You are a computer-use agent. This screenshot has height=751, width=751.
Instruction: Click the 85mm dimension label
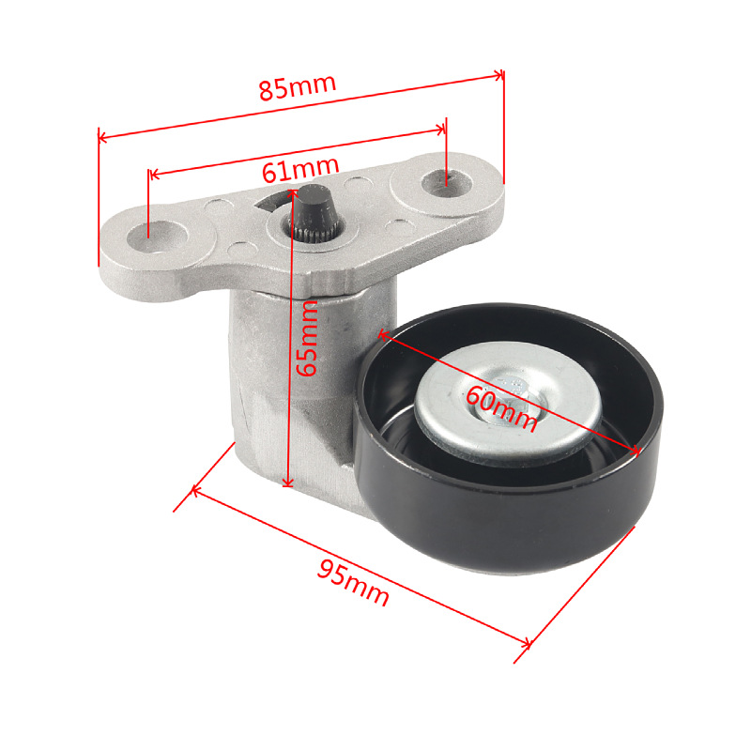(x=298, y=87)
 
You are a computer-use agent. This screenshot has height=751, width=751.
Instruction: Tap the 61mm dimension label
(x=299, y=169)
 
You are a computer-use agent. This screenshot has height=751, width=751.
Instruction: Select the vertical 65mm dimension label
(x=308, y=338)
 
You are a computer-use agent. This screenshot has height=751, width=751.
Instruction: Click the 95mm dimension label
(x=352, y=582)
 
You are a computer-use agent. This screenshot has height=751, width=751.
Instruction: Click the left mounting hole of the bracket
(x=151, y=230)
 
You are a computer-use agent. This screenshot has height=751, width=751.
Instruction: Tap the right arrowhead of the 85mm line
(x=499, y=73)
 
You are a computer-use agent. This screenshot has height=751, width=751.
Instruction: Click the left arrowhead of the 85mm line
(x=103, y=139)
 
